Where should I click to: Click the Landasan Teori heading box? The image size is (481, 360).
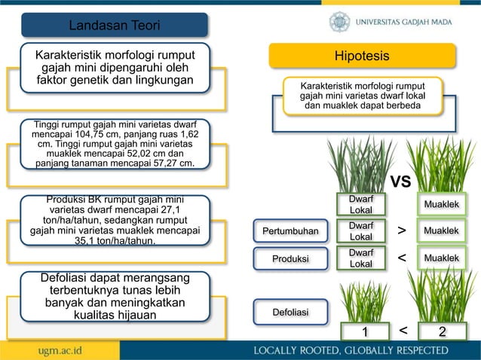click(x=115, y=26)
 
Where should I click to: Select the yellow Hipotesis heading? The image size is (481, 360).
click(x=362, y=56)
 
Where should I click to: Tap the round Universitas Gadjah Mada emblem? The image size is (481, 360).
click(x=339, y=21)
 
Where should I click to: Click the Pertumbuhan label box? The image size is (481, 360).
click(x=290, y=230)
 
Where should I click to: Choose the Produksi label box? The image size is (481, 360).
click(x=290, y=259)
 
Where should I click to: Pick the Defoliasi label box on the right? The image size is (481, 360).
click(x=290, y=310)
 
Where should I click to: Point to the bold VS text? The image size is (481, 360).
click(x=400, y=182)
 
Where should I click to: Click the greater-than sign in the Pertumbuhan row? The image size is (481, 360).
click(x=401, y=230)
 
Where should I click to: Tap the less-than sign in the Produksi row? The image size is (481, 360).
click(x=401, y=258)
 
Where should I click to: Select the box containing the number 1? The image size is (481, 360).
click(x=364, y=332)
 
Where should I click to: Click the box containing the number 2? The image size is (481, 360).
click(x=442, y=332)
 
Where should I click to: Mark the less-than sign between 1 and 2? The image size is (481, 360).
click(x=403, y=331)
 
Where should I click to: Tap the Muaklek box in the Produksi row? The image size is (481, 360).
click(x=442, y=258)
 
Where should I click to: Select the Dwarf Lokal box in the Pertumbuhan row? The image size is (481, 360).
click(x=361, y=230)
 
